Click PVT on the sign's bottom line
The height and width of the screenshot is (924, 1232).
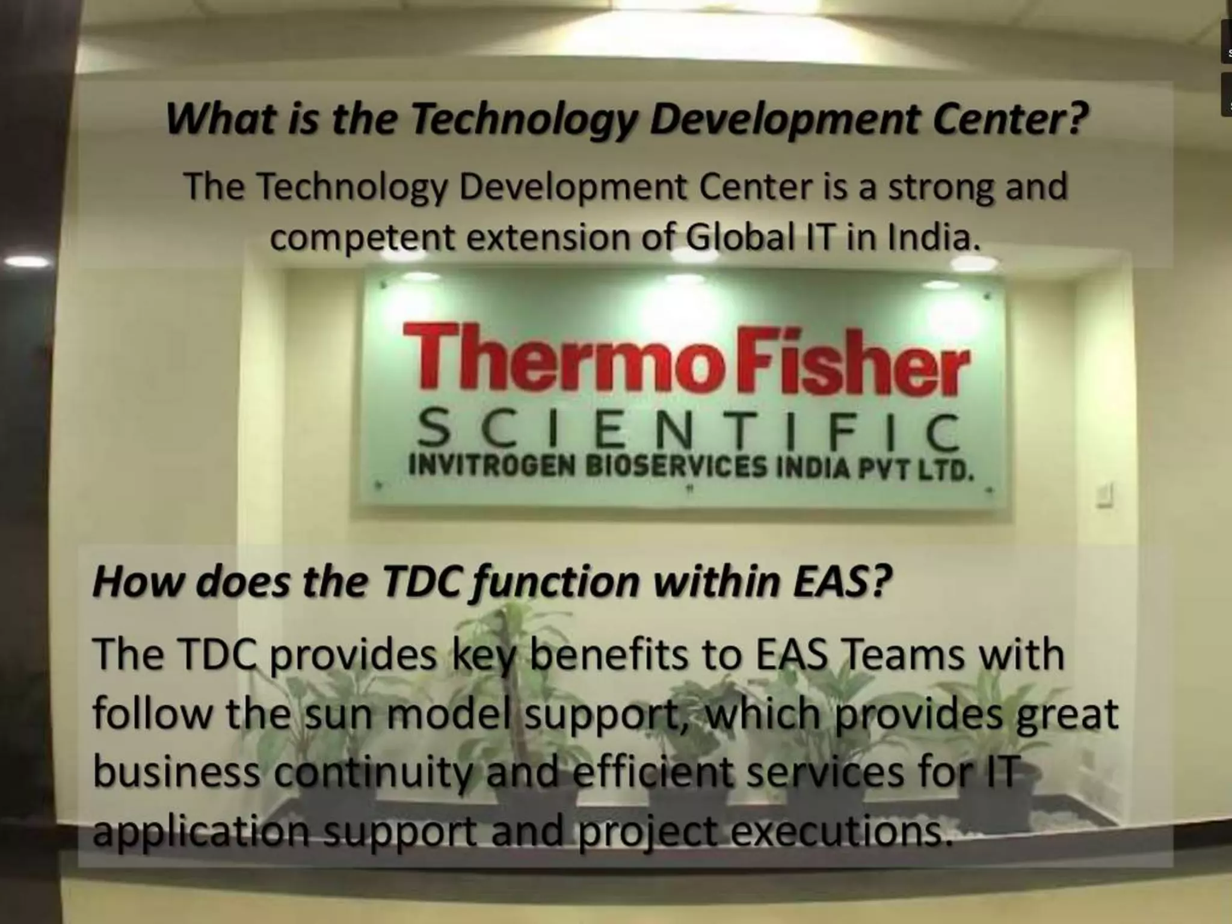[x=884, y=468]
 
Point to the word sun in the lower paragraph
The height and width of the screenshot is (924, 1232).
[x=340, y=714]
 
